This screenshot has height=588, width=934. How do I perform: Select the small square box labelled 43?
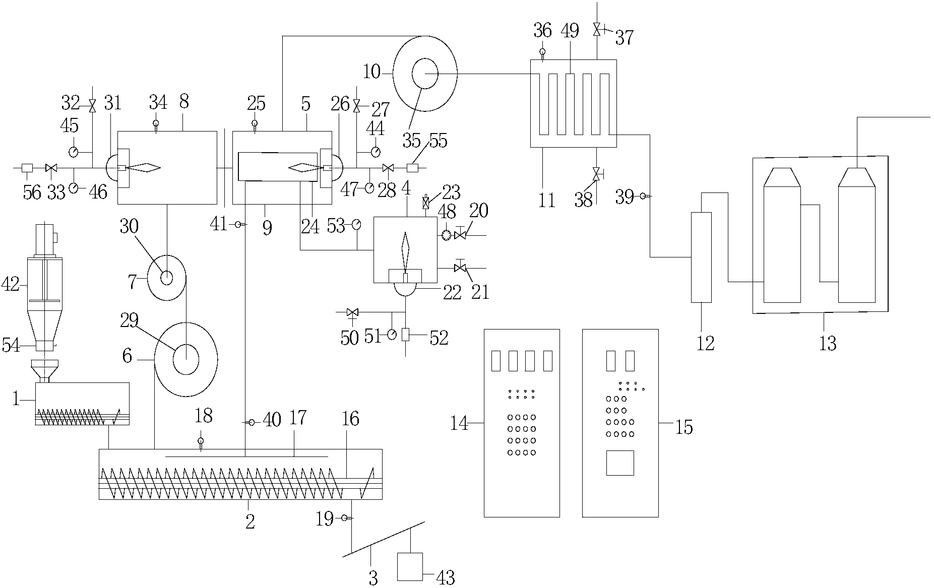pos(410,566)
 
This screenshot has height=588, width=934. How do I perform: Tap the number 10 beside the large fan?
pos(372,72)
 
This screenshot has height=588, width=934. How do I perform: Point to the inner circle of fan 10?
pos(425,74)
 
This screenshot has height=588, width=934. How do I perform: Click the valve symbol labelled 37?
pos(597,29)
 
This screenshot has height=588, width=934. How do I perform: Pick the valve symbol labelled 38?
pos(597,174)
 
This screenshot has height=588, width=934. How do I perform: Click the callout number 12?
pos(705,343)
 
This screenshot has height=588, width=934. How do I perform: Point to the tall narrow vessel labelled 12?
pos(701,257)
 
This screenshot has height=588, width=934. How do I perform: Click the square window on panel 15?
pos(619,463)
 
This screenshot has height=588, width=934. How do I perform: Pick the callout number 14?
pos(459,424)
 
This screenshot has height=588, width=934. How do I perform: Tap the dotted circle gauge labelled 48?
pos(446,235)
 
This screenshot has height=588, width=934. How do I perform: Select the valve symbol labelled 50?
pos(352,312)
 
